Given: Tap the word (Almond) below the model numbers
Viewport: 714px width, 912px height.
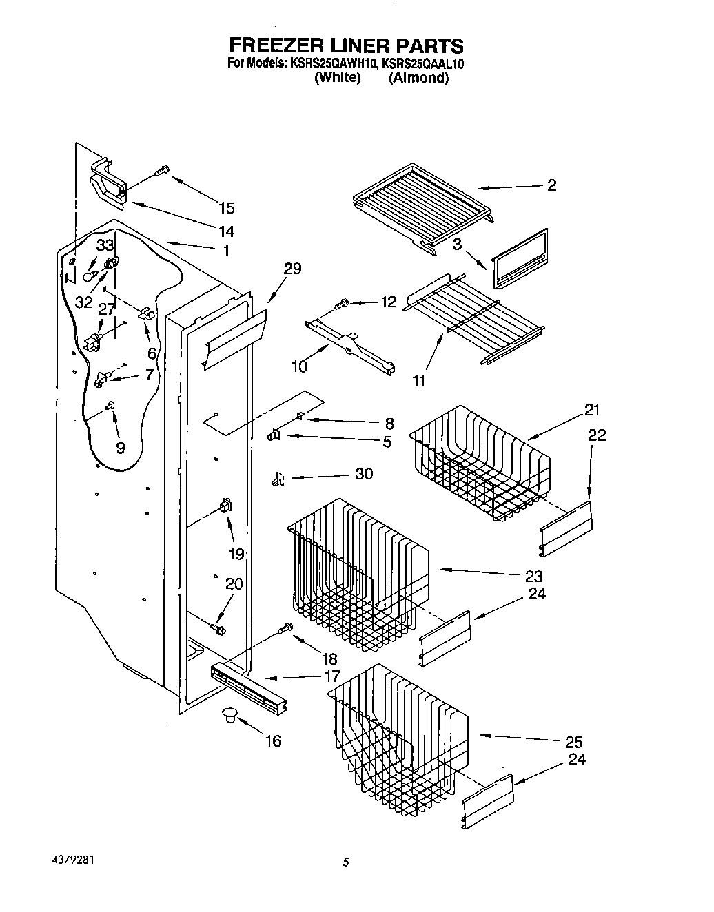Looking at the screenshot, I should point(418,78).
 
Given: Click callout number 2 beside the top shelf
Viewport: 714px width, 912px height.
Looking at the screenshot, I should point(551,185).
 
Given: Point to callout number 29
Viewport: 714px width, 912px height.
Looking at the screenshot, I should point(292,269).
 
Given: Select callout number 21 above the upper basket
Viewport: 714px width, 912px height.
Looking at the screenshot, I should point(591,410).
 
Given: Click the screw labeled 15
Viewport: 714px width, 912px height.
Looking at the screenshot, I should point(163,170).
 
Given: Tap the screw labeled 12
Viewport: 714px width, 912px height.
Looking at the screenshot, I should point(342,302).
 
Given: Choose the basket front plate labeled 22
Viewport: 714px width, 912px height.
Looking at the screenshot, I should point(565,527).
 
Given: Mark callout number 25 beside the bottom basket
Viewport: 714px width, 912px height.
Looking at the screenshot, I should point(573,742).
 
